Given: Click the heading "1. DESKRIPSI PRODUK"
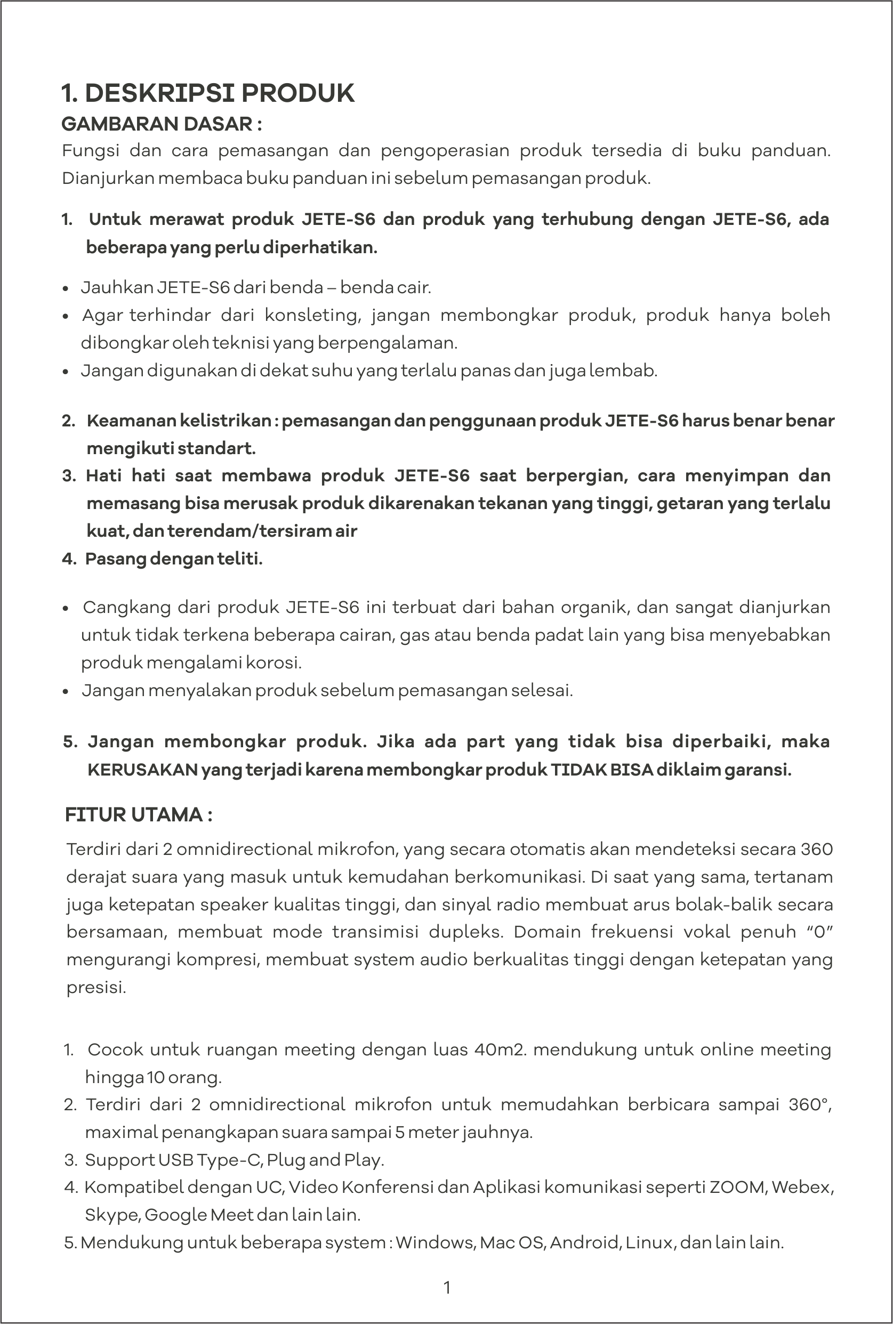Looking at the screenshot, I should point(208,93).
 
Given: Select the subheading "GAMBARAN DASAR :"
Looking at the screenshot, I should point(162,124).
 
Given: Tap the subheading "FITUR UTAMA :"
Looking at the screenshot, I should point(139,814).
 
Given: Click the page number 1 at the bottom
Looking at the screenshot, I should point(447,1287).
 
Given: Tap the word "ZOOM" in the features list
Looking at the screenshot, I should point(737,1188).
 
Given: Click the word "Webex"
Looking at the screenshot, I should point(803,1188).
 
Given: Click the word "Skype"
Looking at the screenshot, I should point(111,1215).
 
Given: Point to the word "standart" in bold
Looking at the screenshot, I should point(216,449).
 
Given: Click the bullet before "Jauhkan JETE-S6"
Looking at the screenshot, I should point(66,288).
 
